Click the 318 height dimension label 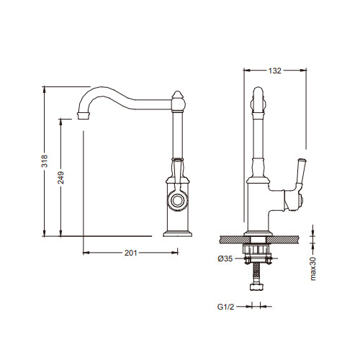click(x=45, y=161)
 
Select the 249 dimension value click(x=60, y=178)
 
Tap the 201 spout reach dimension click(x=130, y=253)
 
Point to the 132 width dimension click(x=274, y=71)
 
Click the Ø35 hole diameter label click(x=225, y=258)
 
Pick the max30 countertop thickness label click(x=313, y=268)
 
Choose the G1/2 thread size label click(x=225, y=307)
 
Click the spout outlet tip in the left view click(x=84, y=116)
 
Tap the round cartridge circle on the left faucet click(x=178, y=199)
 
